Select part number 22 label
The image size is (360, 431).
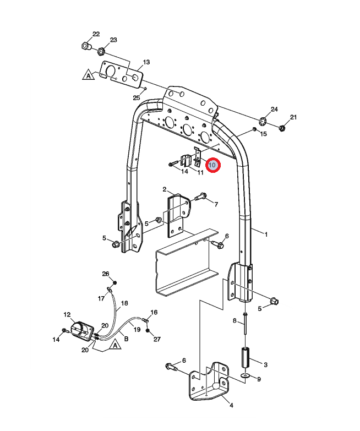[96, 34]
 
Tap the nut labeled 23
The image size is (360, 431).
[102, 52]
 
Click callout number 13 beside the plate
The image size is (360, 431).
[146, 62]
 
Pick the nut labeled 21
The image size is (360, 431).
[281, 128]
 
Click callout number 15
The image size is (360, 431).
[263, 134]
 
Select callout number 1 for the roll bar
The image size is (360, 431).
[266, 234]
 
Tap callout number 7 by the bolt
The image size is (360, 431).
[216, 204]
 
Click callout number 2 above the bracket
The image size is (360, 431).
[165, 189]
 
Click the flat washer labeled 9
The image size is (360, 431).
[246, 377]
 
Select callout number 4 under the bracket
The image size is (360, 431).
[231, 406]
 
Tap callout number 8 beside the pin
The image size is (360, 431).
[234, 320]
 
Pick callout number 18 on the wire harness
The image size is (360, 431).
[124, 303]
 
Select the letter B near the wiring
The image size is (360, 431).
[126, 339]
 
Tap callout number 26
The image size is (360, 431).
[106, 274]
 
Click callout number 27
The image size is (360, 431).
[156, 339]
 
